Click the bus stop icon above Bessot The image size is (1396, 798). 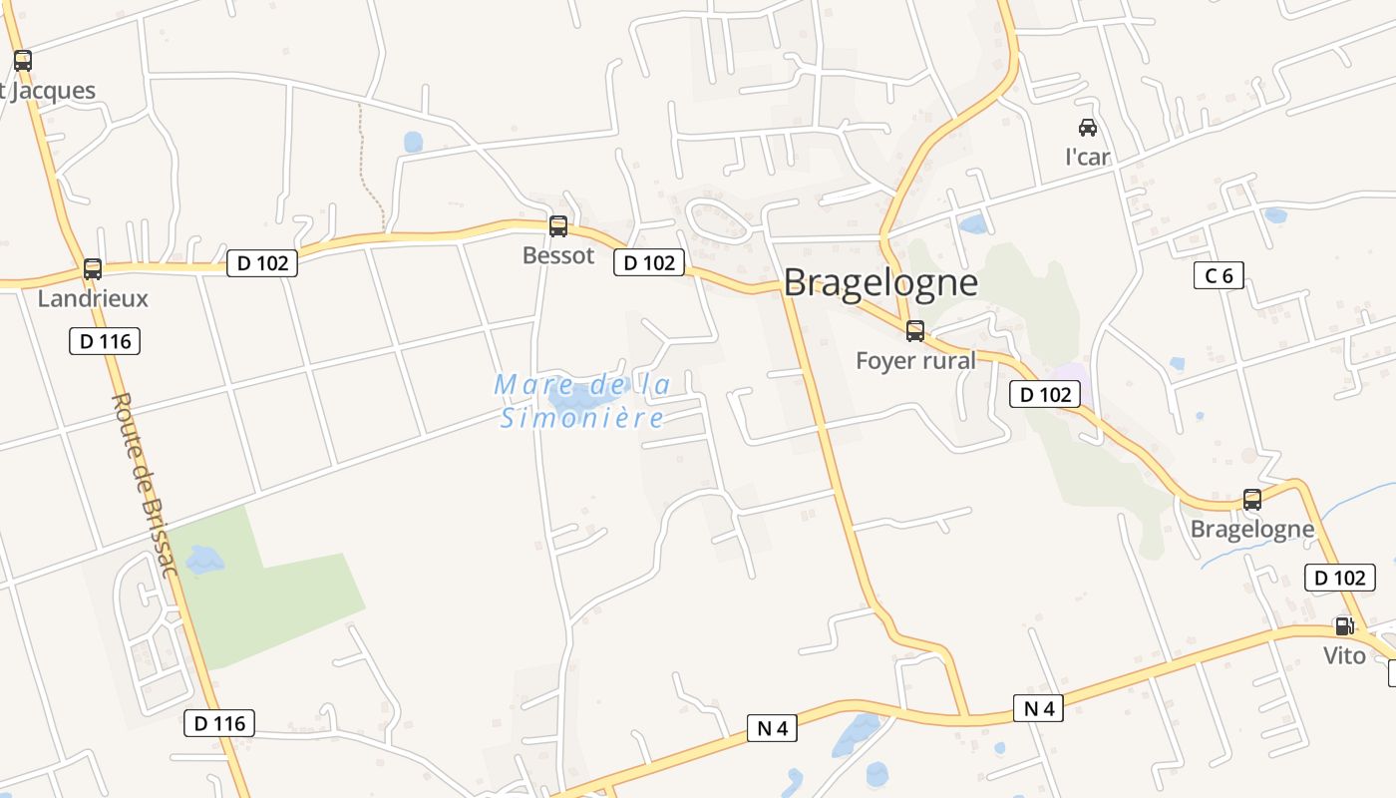pyautogui.click(x=558, y=226)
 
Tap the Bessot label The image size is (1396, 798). pyautogui.click(x=558, y=255)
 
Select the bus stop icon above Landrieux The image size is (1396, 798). pyautogui.click(x=93, y=269)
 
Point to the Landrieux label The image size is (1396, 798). pyautogui.click(x=93, y=298)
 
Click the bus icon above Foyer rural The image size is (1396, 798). pyautogui.click(x=915, y=331)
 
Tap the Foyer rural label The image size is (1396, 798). pyautogui.click(x=915, y=360)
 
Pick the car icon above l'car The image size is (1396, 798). pyautogui.click(x=1088, y=128)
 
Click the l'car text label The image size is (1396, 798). pyautogui.click(x=1088, y=157)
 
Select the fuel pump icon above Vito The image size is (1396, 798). pyautogui.click(x=1344, y=626)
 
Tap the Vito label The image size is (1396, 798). pyautogui.click(x=1344, y=655)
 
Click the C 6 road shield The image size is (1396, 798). pyautogui.click(x=1219, y=276)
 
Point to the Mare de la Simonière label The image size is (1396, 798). pyautogui.click(x=582, y=401)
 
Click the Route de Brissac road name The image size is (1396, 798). pyautogui.click(x=145, y=485)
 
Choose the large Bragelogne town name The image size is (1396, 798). pyautogui.click(x=880, y=283)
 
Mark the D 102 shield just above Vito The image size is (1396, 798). pyautogui.click(x=1339, y=578)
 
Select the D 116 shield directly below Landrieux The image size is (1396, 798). pyautogui.click(x=105, y=341)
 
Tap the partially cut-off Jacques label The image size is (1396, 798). pyautogui.click(x=49, y=91)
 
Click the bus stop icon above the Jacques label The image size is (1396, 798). pyautogui.click(x=23, y=61)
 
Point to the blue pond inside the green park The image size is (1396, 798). pyautogui.click(x=204, y=560)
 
